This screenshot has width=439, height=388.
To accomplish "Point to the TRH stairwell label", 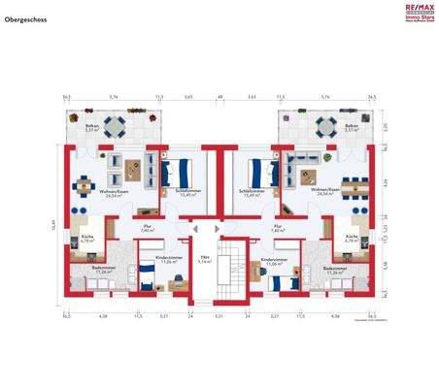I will [204, 255].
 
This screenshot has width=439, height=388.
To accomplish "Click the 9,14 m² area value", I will [204, 261].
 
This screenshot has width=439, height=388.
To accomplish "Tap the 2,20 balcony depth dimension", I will [385, 127].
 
